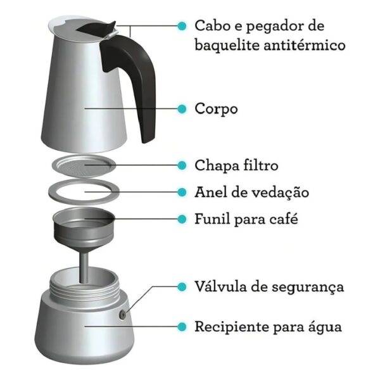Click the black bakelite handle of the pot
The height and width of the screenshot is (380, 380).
136,73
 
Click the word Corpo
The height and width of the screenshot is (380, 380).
216,109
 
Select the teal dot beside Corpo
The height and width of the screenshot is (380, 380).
182,109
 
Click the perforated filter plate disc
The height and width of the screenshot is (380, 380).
84,166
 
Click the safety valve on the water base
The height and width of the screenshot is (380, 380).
123,315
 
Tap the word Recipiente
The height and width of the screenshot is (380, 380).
232,327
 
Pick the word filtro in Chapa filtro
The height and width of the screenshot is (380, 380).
260,165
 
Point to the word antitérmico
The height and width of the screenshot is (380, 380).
305,45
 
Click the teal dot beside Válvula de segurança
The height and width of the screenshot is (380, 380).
182,287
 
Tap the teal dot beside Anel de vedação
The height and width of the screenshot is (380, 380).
182,193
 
